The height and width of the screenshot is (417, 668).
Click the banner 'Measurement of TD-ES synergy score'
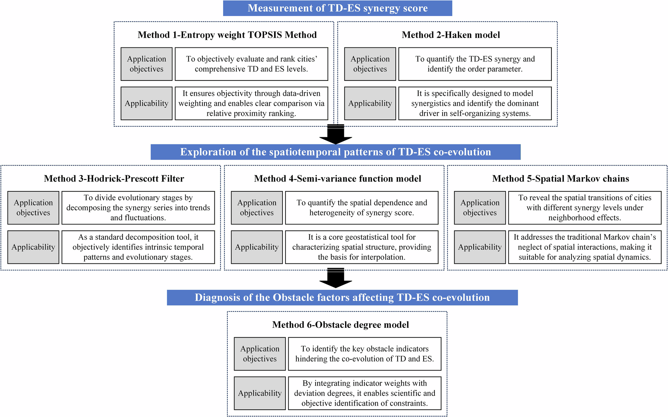(x=337, y=8)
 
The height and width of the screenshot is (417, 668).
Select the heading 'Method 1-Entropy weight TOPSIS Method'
(x=227, y=35)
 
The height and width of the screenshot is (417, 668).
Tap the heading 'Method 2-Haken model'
(x=451, y=35)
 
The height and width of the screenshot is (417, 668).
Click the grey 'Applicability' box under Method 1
(x=146, y=103)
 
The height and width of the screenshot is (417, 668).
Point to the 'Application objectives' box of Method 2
(x=370, y=64)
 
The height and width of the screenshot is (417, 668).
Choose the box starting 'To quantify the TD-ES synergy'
(x=475, y=64)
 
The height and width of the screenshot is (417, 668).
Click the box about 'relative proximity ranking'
(x=251, y=103)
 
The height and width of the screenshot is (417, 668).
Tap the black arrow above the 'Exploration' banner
(x=336, y=135)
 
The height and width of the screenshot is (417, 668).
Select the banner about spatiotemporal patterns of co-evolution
(x=335, y=152)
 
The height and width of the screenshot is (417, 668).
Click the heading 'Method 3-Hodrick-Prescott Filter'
(x=114, y=179)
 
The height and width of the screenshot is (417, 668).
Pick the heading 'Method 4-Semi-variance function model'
(x=337, y=179)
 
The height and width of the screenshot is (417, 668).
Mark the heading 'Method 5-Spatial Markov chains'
(x=560, y=179)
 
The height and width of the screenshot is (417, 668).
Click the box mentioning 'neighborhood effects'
(x=584, y=208)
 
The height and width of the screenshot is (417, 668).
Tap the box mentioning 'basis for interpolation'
(x=361, y=247)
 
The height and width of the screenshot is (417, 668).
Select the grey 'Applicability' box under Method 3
(x=33, y=247)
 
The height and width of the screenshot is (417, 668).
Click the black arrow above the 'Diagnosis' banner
(x=336, y=278)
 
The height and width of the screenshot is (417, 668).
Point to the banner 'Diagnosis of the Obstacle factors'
(x=342, y=297)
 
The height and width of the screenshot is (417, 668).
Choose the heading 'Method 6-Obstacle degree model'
(x=340, y=325)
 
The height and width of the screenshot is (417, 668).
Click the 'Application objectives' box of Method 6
(x=260, y=354)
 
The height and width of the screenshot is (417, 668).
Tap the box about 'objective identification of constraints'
(x=364, y=393)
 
